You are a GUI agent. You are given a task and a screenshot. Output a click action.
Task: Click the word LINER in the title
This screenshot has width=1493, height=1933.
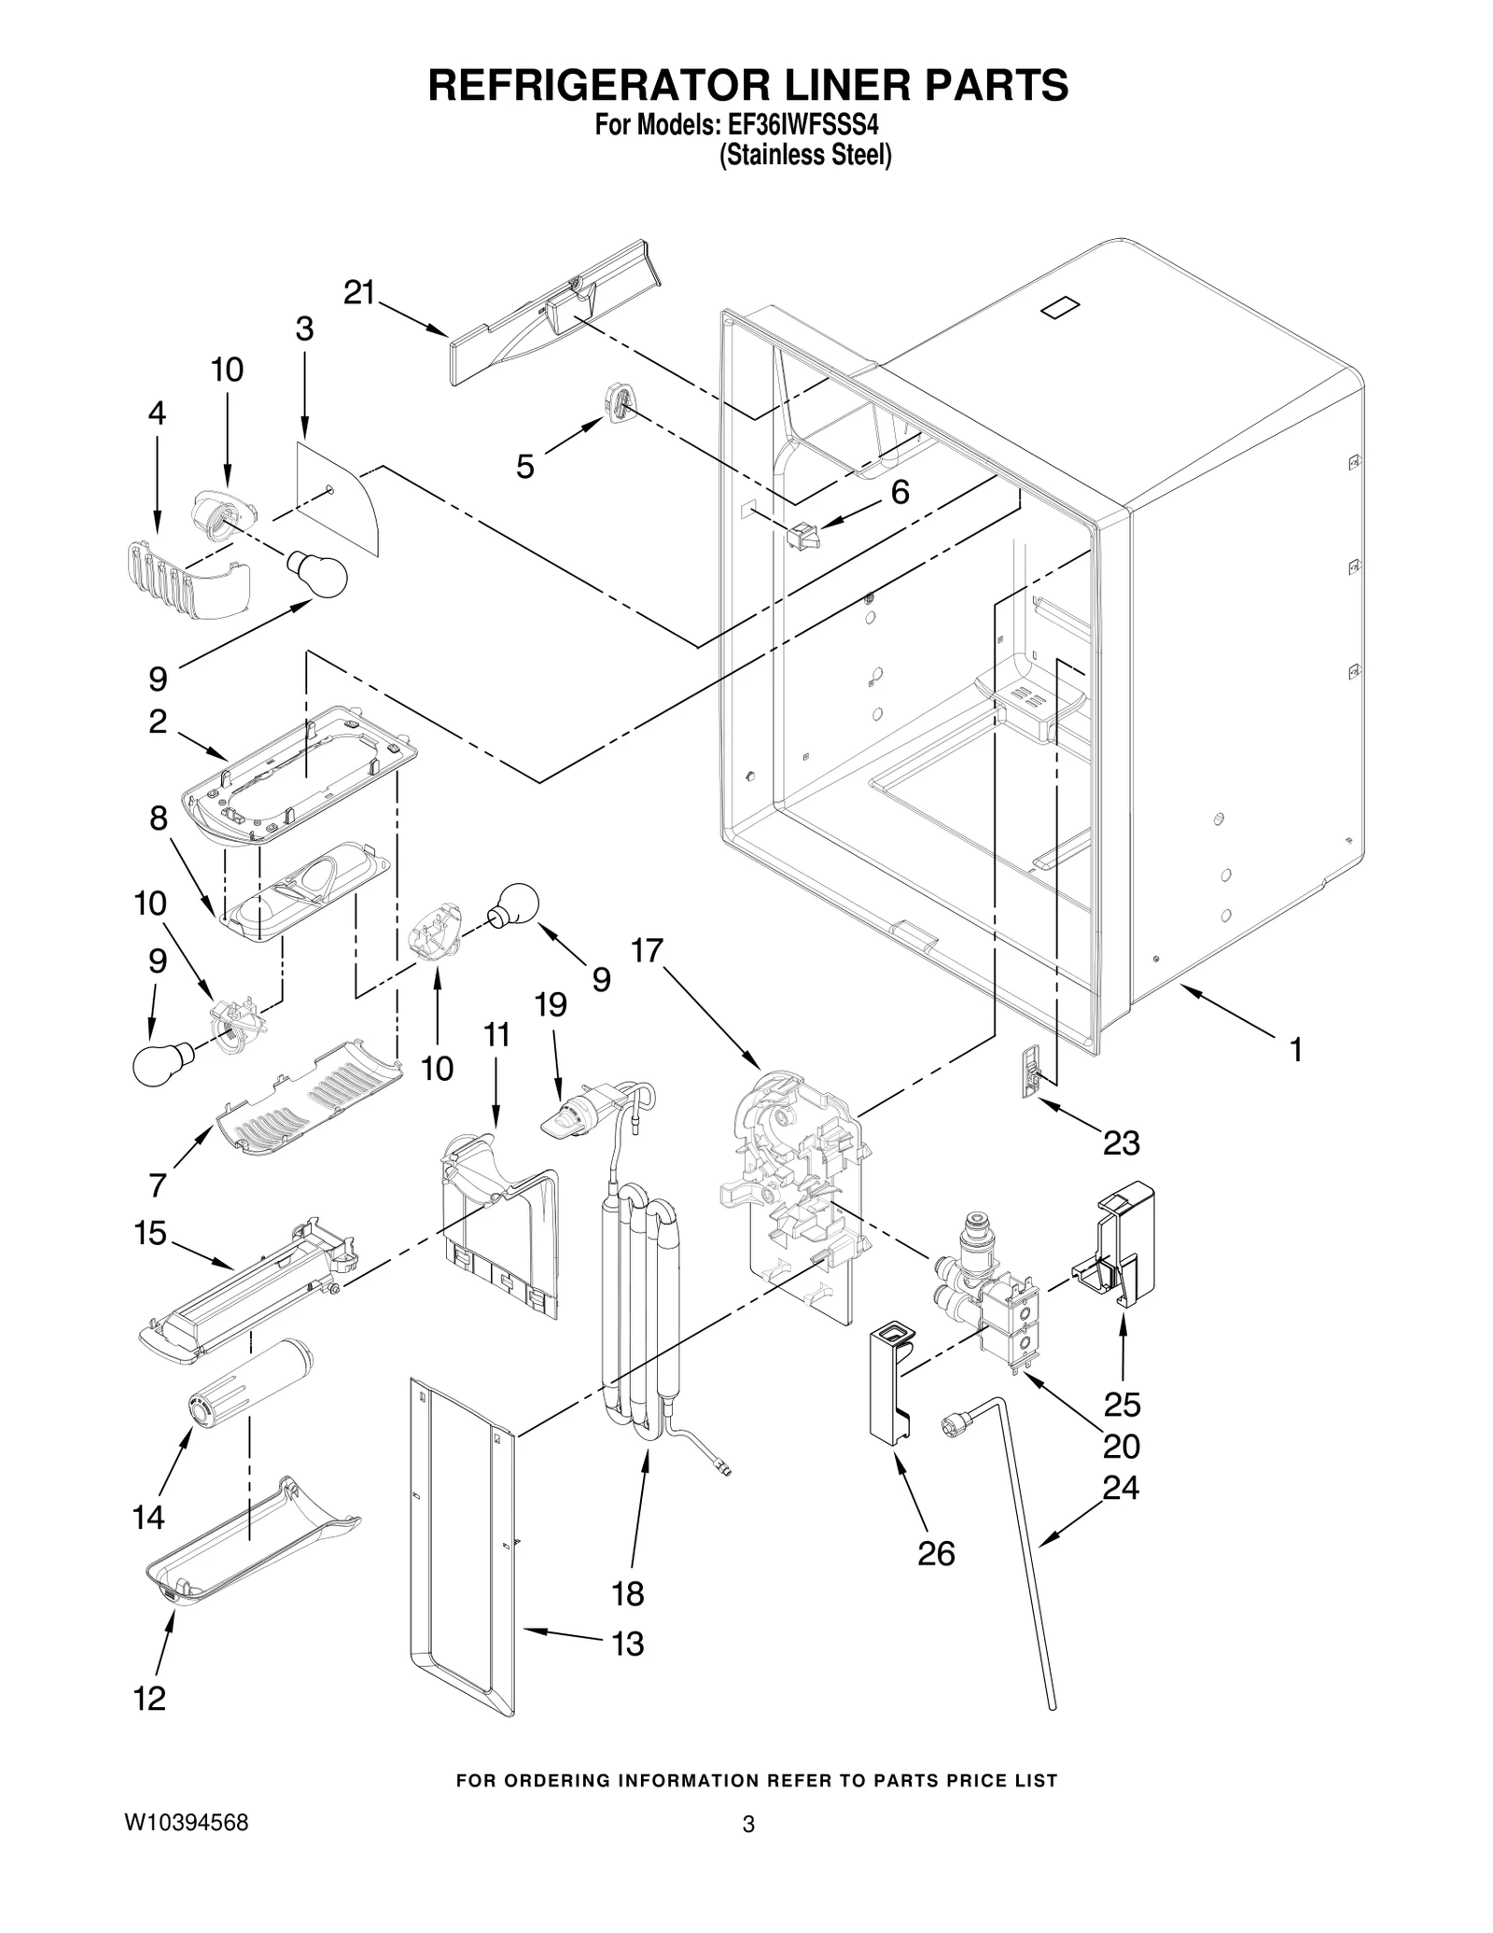[x=812, y=86]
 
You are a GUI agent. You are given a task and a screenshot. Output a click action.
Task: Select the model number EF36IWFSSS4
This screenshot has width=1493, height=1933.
[x=787, y=124]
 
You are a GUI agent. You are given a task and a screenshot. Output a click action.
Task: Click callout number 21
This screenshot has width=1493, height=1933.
[x=359, y=293]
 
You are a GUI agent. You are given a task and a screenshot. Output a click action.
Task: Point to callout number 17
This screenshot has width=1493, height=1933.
[x=647, y=951]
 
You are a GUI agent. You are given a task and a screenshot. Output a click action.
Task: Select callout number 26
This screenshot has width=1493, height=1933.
[x=936, y=1553]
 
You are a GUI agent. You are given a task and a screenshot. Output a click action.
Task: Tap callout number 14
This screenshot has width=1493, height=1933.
[x=148, y=1518]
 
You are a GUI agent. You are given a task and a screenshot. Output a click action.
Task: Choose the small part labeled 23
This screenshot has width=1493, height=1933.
[x=1030, y=1071]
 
